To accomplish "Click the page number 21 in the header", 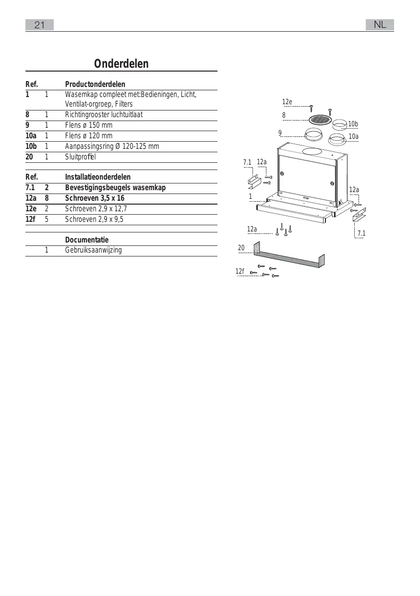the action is pos(40,25).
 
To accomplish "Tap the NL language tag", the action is pos(380,25).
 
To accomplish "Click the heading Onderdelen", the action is pos(121,64).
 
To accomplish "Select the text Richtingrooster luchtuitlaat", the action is pos(104,115).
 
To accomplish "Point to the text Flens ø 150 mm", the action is pos(89,125).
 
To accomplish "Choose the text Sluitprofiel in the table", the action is pos(81,157).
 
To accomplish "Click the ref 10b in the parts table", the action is pos(31,146).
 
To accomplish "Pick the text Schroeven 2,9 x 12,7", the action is pos(96,209).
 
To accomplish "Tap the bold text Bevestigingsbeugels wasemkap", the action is pos(115,188).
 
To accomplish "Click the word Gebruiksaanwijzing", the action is pos(94,250).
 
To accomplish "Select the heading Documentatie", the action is pos(87,240).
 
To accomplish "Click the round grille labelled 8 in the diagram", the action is pos(319,119).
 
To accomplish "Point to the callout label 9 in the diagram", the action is pos(280,133).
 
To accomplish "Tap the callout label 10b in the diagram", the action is pos(353,124).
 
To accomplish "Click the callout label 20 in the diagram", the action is pos(241,248).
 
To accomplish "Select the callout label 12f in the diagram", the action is pos(240,271).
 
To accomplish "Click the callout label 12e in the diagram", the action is pos(287,102).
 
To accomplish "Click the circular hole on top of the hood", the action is pos(312,151).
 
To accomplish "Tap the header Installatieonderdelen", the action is pos(98,177).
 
